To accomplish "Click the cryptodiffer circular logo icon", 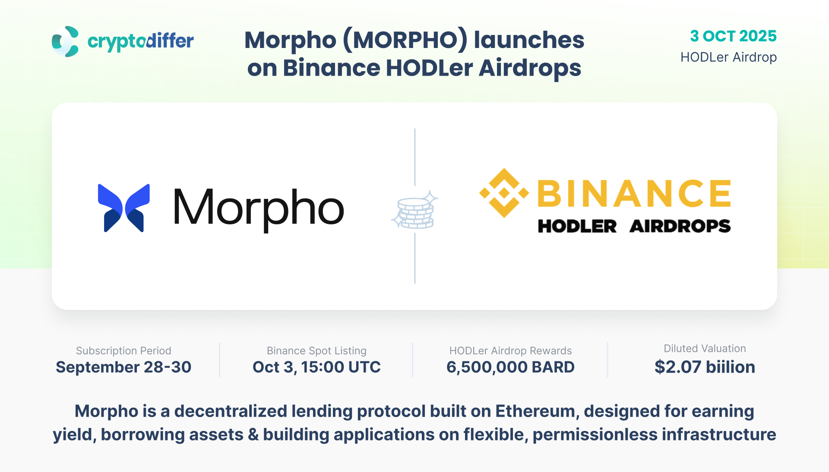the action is pos(65,41).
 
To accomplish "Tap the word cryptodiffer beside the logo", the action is pos(141,42).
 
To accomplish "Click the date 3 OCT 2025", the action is pos(733,36).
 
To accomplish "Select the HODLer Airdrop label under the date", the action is pos(728,57).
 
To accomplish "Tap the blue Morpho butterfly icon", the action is pos(124,208).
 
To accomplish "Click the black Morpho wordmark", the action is pos(259,210).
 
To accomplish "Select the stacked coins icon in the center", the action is pos(414,210).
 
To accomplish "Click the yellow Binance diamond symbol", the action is pos(504,193).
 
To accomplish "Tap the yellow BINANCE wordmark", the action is pos(634,193).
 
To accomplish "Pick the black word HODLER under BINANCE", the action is pos(577,226).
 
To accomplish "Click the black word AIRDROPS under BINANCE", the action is pos(680,226).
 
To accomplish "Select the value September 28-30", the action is pos(123,367).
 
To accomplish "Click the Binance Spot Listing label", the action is pos(316,351).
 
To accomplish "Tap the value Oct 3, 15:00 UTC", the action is pos(316,367).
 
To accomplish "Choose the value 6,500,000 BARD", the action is pos(510,367).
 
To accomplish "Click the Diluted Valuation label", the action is pos(705,348).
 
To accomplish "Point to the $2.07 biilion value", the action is pos(705,367).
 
